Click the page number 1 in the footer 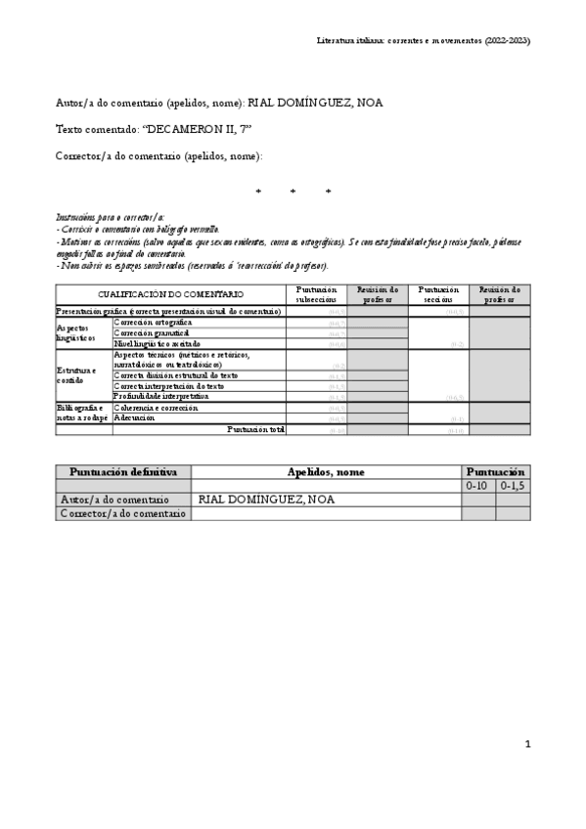click(527, 744)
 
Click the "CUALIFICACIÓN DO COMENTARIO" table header click(170, 294)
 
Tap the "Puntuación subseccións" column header click(316, 294)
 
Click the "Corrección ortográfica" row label click(154, 322)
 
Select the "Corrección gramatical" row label click(152, 332)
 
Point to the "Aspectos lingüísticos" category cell click(77, 332)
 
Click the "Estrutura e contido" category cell click(76, 375)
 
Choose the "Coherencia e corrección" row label click(157, 408)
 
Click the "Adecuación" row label click(136, 417)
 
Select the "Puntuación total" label click(255, 429)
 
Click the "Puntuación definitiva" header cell click(123, 472)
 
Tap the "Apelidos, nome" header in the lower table click(326, 472)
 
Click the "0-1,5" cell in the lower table click(513, 486)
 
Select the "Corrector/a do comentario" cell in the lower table click(123, 513)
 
